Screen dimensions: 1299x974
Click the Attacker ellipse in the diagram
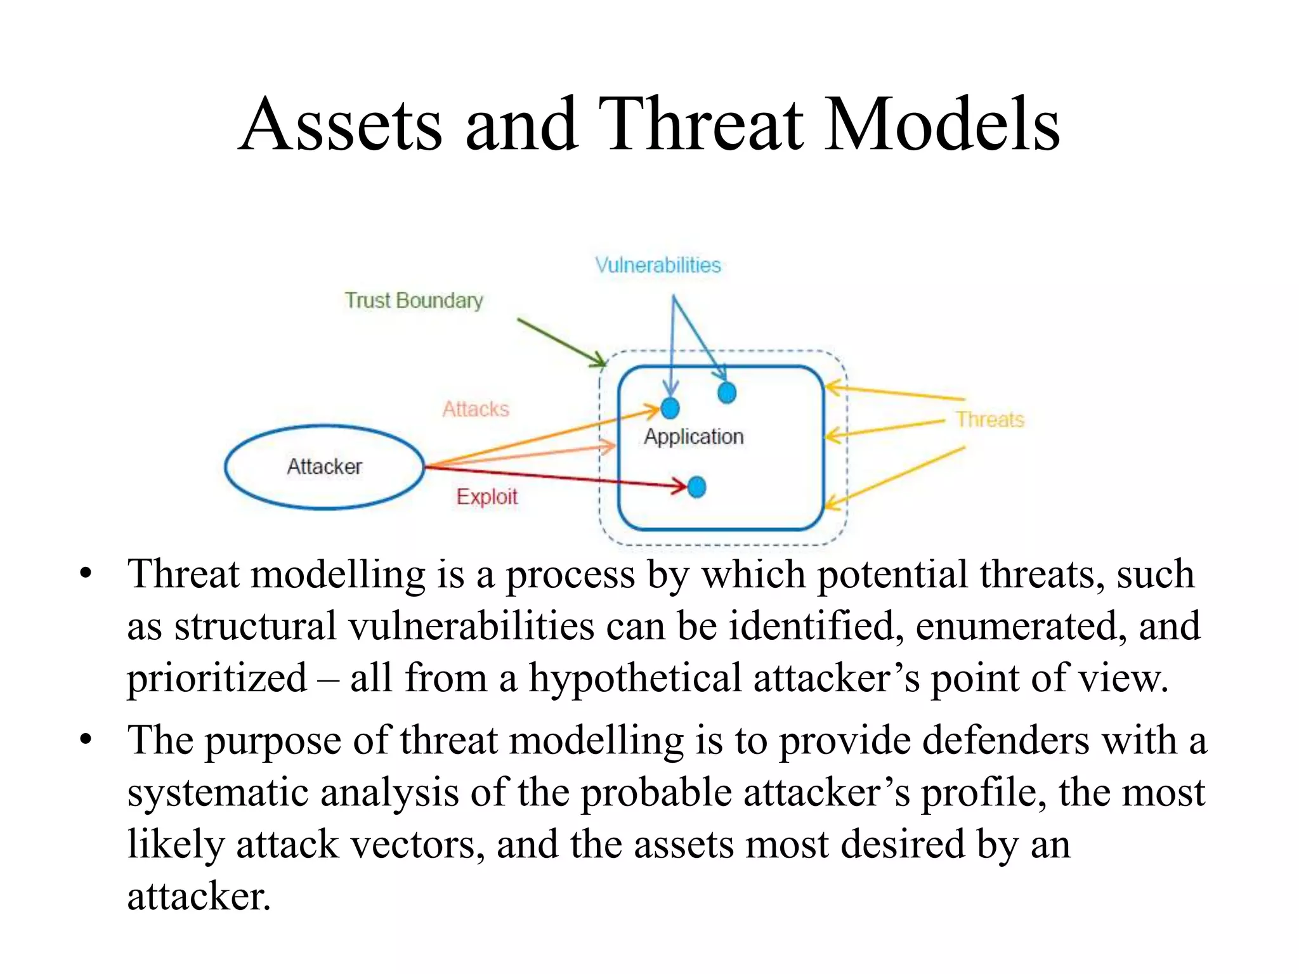[x=324, y=467]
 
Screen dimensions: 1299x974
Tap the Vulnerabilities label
[x=658, y=265]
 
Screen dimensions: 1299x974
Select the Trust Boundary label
[x=414, y=300]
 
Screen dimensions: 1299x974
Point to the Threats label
[x=989, y=419]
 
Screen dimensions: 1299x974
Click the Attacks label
[x=476, y=409]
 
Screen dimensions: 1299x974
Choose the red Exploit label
[x=486, y=497]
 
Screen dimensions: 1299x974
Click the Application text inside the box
[x=693, y=436]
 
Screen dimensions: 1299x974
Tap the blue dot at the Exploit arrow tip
[x=696, y=487]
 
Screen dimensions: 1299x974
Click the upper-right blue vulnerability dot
[x=727, y=393]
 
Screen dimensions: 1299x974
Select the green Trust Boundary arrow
[x=561, y=342]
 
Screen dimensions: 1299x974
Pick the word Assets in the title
[x=341, y=124]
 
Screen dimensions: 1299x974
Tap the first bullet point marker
[x=86, y=575]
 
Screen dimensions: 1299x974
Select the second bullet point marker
[x=86, y=739]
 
